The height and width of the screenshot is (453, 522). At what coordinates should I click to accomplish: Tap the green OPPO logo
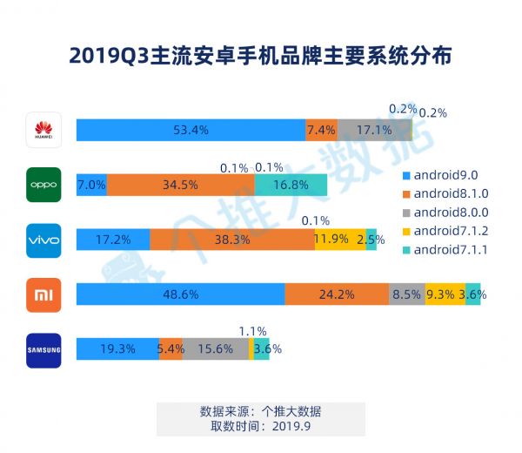click(x=43, y=185)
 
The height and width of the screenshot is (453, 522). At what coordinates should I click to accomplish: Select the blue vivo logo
click(x=43, y=240)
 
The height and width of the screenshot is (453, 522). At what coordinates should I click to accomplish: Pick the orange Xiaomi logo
click(x=43, y=295)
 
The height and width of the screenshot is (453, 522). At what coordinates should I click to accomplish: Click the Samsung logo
click(x=43, y=350)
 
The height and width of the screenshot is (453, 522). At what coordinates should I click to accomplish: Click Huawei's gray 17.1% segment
click(x=373, y=131)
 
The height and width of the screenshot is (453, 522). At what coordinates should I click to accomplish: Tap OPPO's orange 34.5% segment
click(x=181, y=185)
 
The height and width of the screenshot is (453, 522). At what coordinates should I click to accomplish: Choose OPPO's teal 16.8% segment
click(x=291, y=185)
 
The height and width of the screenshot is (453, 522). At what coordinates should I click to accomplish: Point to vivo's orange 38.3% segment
click(x=232, y=240)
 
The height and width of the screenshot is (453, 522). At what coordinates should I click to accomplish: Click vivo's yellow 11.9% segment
click(x=340, y=240)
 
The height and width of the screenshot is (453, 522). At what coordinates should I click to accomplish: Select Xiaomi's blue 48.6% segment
click(x=180, y=295)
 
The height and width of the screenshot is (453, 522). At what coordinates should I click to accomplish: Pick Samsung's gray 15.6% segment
click(x=215, y=350)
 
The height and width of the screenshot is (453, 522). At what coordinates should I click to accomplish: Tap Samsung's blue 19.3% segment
click(x=117, y=350)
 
